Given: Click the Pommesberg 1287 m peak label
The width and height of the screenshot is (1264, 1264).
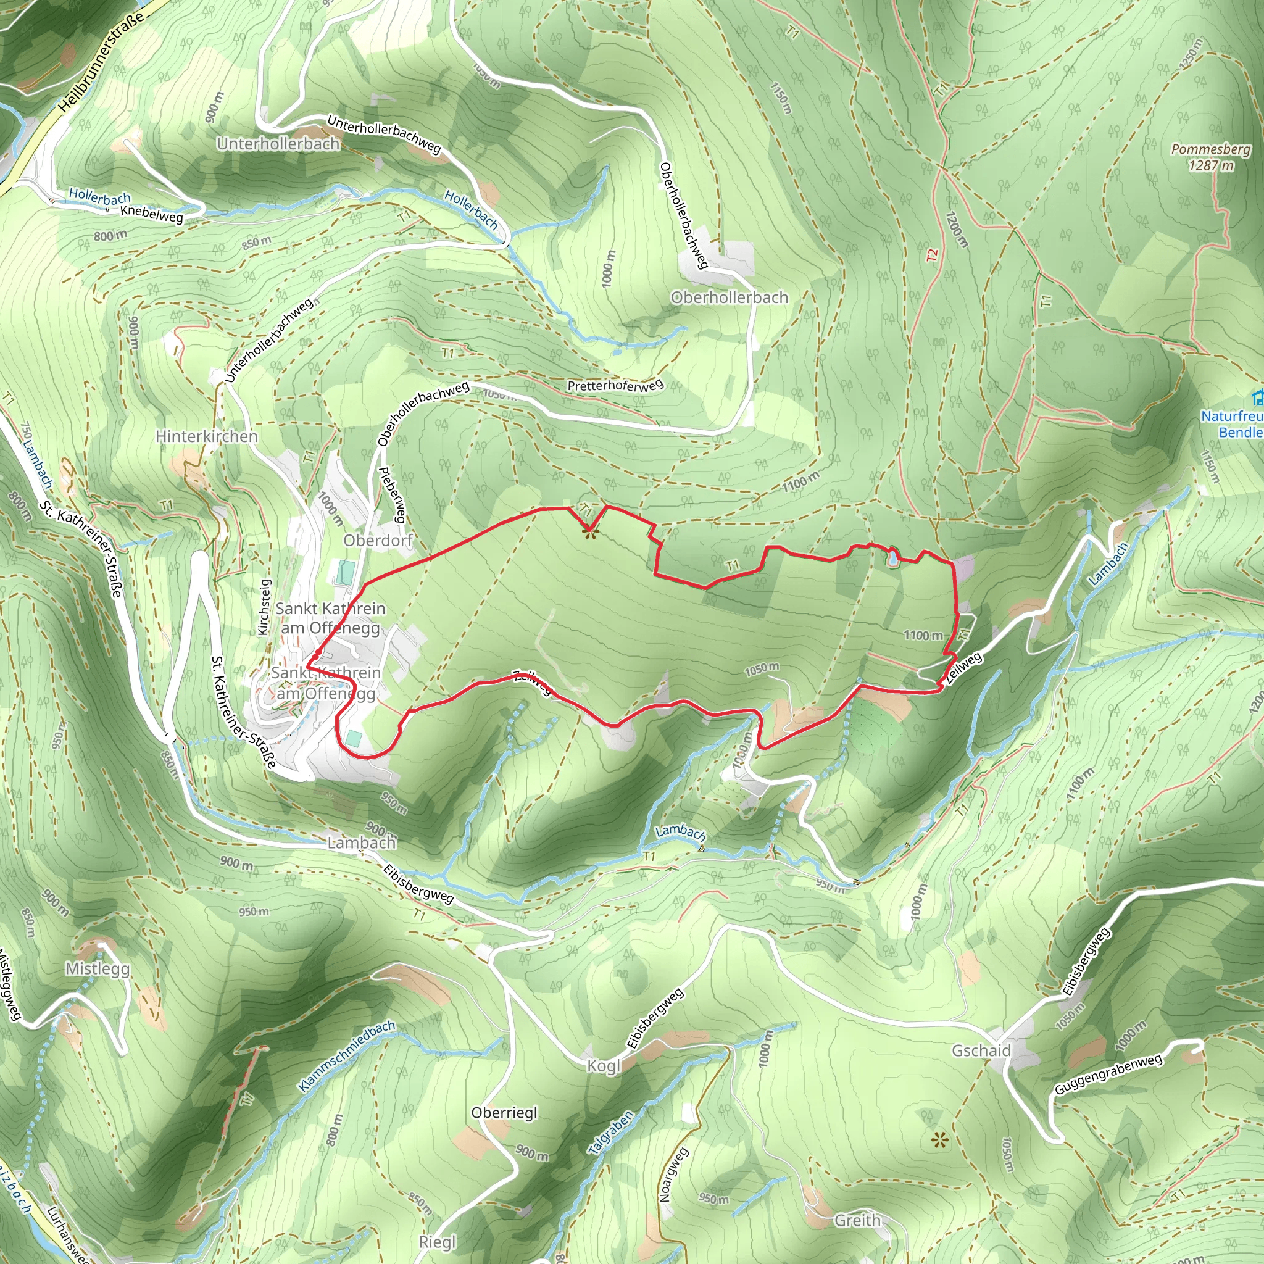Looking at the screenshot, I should pyautogui.click(x=1210, y=157).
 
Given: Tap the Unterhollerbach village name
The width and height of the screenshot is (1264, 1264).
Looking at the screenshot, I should pyautogui.click(x=279, y=144).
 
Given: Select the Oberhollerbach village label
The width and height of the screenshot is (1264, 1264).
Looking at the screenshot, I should pyautogui.click(x=730, y=297).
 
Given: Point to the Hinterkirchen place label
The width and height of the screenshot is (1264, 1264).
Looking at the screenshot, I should pyautogui.click(x=207, y=436).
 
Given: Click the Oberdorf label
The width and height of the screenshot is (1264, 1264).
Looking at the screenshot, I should pyautogui.click(x=378, y=541).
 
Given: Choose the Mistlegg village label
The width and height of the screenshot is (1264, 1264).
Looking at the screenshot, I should pyautogui.click(x=98, y=969).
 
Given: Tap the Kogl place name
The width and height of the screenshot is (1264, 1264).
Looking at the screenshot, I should pyautogui.click(x=603, y=1066).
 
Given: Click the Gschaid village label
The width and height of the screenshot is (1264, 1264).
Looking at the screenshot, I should pyautogui.click(x=981, y=1050).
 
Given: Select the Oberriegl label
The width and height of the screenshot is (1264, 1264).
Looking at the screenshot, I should pyautogui.click(x=504, y=1113).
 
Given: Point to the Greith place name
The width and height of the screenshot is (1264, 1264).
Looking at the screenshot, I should pyautogui.click(x=858, y=1220).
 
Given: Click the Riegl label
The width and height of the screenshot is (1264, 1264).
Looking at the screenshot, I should pyautogui.click(x=437, y=1242).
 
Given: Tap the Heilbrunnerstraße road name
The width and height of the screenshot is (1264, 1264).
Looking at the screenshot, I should pyautogui.click(x=101, y=62).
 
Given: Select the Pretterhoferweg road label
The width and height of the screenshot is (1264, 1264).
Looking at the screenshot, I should pyautogui.click(x=615, y=385).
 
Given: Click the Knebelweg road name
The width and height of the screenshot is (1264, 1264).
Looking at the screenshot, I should pyautogui.click(x=152, y=214).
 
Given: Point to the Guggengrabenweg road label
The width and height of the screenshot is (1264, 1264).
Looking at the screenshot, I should pyautogui.click(x=1108, y=1075).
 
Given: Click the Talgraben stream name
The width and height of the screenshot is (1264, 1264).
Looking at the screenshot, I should pyautogui.click(x=611, y=1133).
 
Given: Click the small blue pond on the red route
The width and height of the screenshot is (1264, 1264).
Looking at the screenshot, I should pyautogui.click(x=892, y=558).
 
